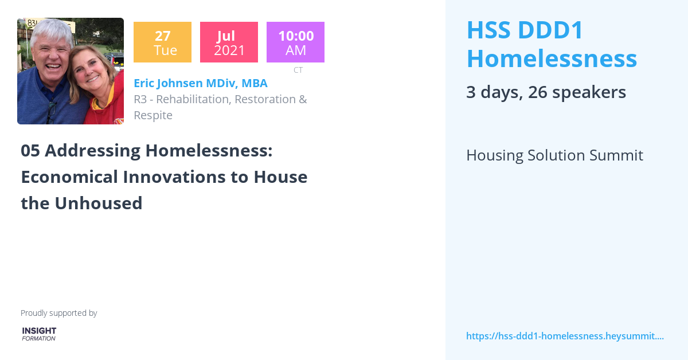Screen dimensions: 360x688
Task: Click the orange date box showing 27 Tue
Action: point(162,42)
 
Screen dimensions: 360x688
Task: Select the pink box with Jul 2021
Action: point(229,42)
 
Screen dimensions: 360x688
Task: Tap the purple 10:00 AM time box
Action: point(295,42)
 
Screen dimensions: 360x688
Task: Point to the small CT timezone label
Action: point(298,70)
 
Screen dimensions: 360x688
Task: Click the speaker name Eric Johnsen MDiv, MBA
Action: point(201,83)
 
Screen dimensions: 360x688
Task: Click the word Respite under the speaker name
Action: point(153,115)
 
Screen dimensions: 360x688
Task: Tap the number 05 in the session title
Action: point(30,151)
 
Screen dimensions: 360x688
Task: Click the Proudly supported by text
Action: point(58,313)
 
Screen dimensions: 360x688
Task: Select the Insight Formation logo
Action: point(39,334)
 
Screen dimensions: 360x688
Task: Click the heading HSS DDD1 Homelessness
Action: point(551,44)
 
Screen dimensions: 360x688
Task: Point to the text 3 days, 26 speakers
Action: point(546,92)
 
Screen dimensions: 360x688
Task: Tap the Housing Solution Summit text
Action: point(554,155)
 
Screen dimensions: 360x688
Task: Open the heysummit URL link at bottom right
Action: point(565,336)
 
